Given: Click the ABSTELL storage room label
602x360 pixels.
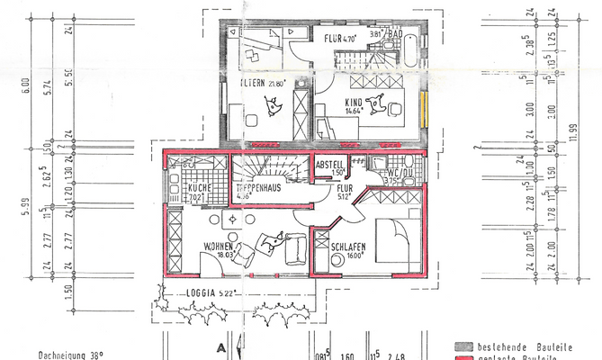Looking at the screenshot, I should pyautogui.click(x=328, y=164).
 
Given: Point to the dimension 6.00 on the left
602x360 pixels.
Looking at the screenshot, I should pyautogui.click(x=28, y=85).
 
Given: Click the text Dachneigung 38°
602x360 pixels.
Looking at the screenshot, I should pyautogui.click(x=70, y=355).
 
